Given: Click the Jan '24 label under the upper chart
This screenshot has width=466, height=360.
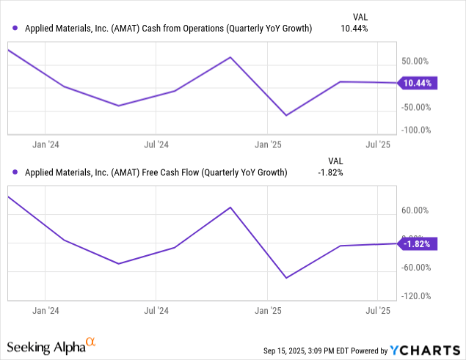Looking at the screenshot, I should pos(46,144).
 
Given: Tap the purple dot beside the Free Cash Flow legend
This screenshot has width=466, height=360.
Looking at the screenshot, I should pos(16,173).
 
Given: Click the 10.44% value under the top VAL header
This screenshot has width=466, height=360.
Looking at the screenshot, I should pos(355,29).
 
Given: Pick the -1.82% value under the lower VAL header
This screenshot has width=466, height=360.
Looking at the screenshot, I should pos(331,173).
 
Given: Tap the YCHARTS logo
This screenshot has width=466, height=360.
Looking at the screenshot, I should pos(429,349).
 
